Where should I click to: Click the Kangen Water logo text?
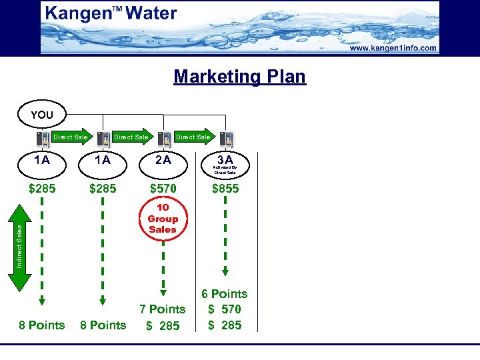coord(111,13)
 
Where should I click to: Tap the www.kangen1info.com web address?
coord(392,48)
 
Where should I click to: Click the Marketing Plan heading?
coord(239,76)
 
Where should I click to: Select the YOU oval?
coord(41,115)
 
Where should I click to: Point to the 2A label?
coord(163,160)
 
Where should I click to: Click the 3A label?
coord(225,159)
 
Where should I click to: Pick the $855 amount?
coord(225,189)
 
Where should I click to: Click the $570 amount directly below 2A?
coord(163,189)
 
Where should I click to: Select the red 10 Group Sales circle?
coord(163,219)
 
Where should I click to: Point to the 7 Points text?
coord(162,309)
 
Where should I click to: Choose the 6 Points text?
coord(225,294)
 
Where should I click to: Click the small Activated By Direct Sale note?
coord(225,170)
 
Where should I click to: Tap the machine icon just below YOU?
coord(41,139)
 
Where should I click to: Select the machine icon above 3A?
coord(227,139)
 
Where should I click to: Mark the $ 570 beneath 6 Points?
coord(225,309)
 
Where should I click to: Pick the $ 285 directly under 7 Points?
coord(163,325)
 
